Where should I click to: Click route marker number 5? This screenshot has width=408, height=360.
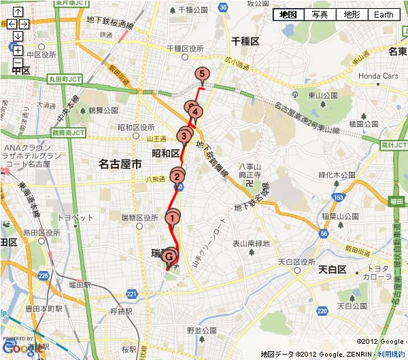201,75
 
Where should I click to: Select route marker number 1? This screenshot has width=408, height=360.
173,218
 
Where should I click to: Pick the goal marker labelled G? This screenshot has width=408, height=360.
169,257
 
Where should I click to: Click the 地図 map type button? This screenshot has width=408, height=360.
288,14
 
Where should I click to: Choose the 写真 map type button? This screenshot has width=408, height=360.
320,14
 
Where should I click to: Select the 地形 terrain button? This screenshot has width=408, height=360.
352,14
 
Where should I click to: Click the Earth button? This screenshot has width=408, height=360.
384,14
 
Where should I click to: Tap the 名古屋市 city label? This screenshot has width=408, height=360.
120,164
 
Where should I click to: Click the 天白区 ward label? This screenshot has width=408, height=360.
333,270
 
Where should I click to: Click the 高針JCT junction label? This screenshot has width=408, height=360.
393,145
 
